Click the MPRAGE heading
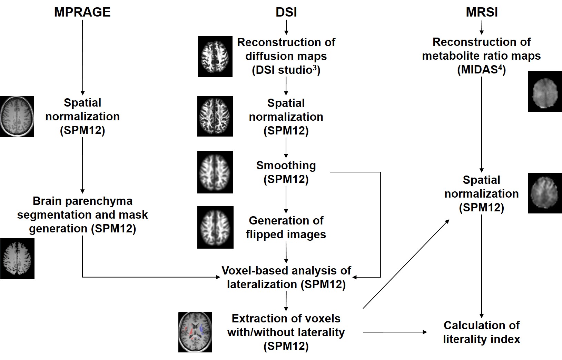(82, 12)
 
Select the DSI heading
(286, 12)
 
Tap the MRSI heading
(482, 12)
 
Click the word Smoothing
(286, 166)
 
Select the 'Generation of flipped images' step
(286, 227)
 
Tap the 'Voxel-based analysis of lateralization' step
(286, 278)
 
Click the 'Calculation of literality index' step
(482, 332)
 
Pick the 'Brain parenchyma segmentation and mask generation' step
(82, 214)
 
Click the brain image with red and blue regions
(195, 332)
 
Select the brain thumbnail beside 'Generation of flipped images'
(215, 227)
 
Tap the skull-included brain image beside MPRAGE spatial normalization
(17, 117)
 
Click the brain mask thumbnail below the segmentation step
(17, 258)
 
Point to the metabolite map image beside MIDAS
(545, 92)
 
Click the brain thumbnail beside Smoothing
(215, 172)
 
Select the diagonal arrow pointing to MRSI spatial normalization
(406, 263)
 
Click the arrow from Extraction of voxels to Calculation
(395, 332)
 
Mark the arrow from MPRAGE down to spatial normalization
(82, 57)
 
